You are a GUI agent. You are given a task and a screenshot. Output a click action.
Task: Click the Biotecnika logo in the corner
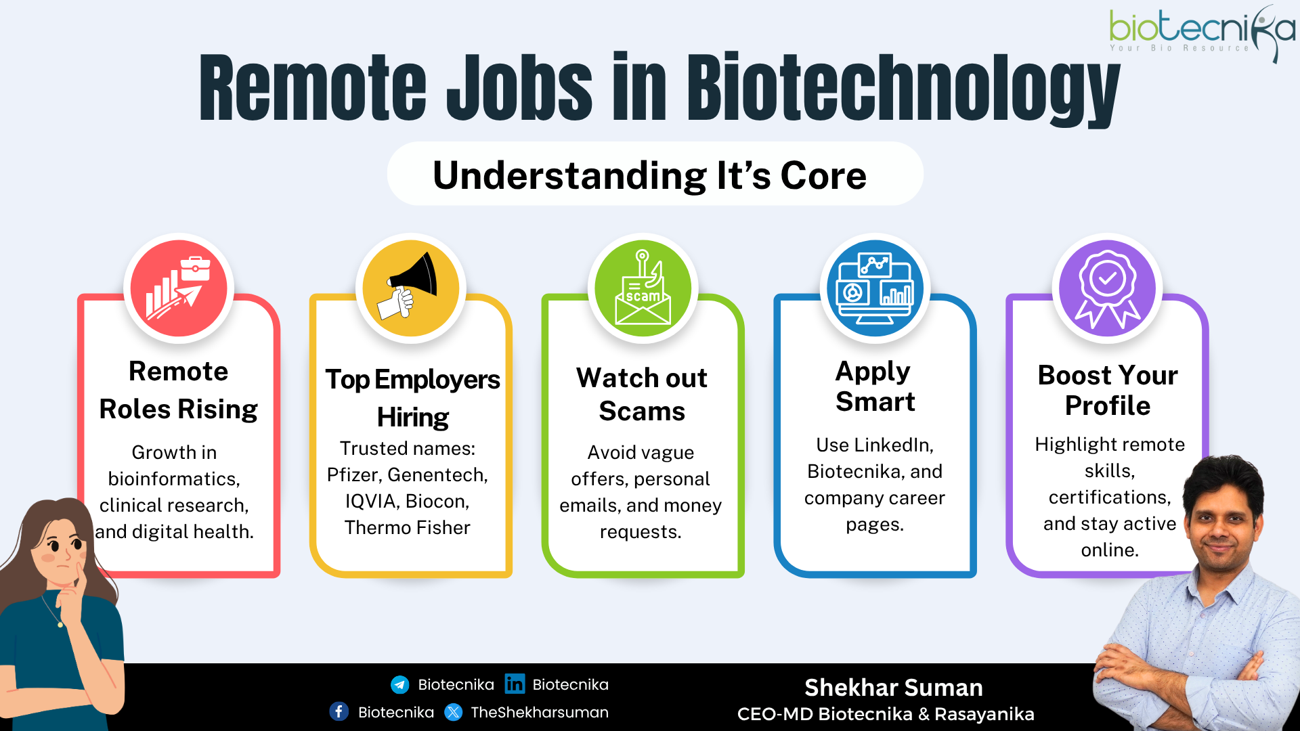pos(1202,32)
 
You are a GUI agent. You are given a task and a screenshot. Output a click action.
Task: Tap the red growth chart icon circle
pos(179,288)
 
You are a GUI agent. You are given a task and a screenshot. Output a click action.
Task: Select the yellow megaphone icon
pos(411,288)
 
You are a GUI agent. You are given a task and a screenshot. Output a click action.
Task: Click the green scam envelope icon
pos(643,288)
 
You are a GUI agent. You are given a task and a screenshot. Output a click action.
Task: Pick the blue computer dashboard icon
pos(875,288)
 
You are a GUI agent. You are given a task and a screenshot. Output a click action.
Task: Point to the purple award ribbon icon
pos(1108,288)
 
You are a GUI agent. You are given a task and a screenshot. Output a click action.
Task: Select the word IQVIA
pos(372,502)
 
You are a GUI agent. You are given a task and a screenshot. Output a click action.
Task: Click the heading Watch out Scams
pos(642,395)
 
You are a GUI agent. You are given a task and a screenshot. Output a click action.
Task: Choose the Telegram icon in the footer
pos(400,685)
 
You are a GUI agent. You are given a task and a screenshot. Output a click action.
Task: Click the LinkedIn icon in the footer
pos(515,684)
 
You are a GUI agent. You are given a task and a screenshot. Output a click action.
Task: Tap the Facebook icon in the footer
pos(339,712)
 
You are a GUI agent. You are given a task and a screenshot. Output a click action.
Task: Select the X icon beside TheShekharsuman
pos(454,712)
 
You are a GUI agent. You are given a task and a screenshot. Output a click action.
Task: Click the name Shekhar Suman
pos(894,688)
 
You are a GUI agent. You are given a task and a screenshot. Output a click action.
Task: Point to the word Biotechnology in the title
pos(903,88)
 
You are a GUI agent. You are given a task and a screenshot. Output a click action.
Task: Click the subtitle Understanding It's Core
pos(649,175)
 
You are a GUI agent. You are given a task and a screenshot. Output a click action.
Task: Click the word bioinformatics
pos(174,479)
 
